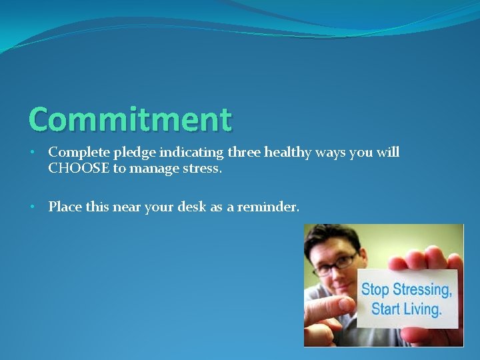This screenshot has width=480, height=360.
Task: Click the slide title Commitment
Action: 131,119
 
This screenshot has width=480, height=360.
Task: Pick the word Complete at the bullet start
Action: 75,153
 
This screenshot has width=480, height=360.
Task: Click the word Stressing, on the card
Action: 422,290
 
